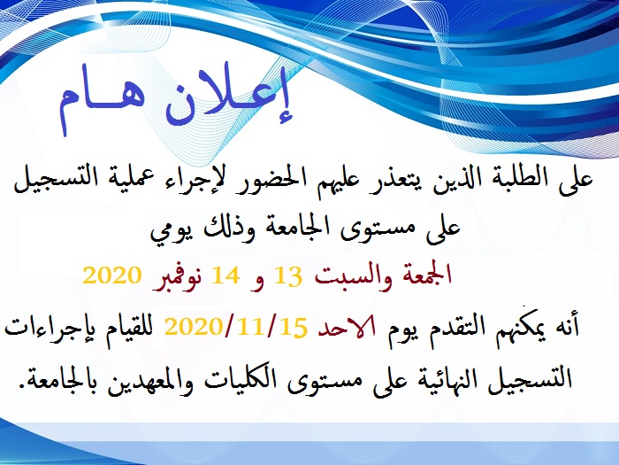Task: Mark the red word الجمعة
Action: (422, 275)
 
